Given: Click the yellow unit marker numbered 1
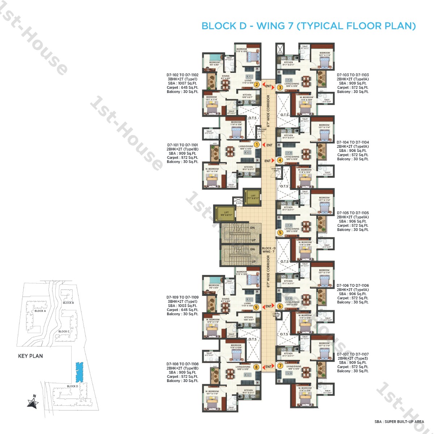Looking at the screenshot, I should pyautogui.click(x=257, y=145).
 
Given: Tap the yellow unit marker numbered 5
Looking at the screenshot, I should pyautogui.click(x=280, y=233).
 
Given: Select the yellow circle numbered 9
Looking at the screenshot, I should pyautogui.click(x=256, y=307).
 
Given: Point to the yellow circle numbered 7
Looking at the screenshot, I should pyautogui.click(x=280, y=366).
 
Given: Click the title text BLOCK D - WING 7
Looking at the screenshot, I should pyautogui.click(x=309, y=26).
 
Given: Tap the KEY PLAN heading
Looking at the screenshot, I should pyautogui.click(x=30, y=356).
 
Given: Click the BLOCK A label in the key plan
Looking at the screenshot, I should pyautogui.click(x=40, y=311).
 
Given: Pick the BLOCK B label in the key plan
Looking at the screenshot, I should pyautogui.click(x=68, y=303).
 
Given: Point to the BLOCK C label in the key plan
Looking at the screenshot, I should pyautogui.click(x=64, y=331).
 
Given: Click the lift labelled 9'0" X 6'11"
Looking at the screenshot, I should pyautogui.click(x=226, y=214).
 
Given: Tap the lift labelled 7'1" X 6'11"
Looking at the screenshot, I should pyautogui.click(x=253, y=197).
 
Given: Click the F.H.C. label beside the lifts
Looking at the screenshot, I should pyautogui.click(x=239, y=203).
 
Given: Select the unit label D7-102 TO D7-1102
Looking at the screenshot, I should pyautogui.click(x=183, y=75).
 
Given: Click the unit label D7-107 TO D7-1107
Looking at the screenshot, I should pyautogui.click(x=353, y=354).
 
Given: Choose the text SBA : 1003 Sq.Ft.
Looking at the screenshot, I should pyautogui.click(x=183, y=306).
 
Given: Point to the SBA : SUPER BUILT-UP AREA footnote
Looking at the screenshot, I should pyautogui.click(x=399, y=422).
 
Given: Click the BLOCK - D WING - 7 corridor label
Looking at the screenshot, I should pyautogui.click(x=269, y=250).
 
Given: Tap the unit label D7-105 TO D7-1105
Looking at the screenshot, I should pyautogui.click(x=353, y=213).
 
